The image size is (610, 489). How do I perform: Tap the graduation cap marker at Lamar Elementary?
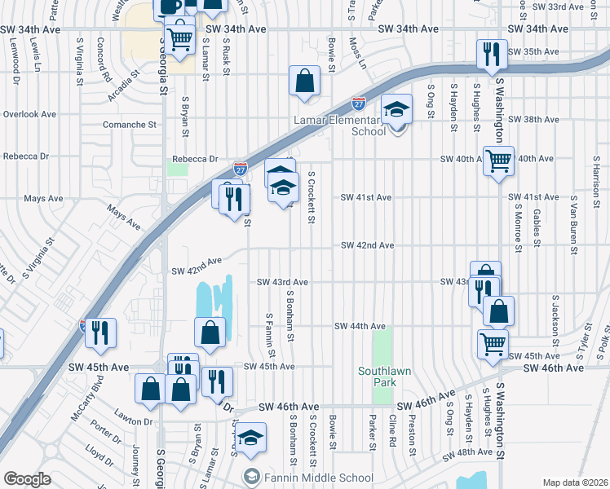point(397,110)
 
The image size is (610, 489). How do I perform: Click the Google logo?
point(26,479)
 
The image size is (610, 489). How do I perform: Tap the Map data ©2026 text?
point(574,482)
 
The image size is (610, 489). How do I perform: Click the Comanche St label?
point(129,125)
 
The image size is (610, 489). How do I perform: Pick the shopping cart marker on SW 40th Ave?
point(498,160)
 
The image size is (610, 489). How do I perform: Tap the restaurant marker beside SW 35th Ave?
point(492,54)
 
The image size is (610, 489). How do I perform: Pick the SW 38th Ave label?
point(533,119)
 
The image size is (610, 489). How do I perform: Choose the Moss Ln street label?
point(356,51)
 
